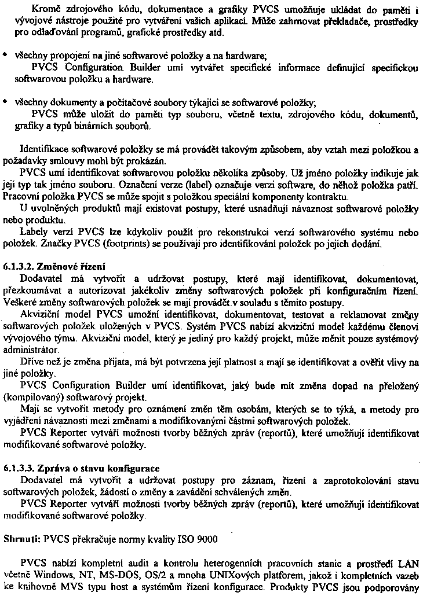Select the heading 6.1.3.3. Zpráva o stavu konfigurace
pyautogui.click(x=81, y=468)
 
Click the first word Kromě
pyautogui.click(x=33, y=8)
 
